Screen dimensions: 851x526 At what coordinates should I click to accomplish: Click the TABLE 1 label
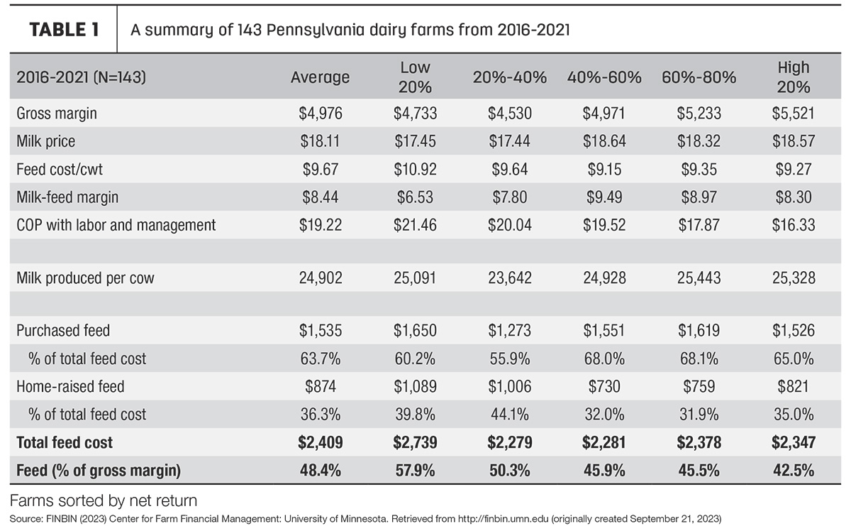click(x=65, y=30)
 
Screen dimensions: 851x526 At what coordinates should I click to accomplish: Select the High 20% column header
click(x=794, y=77)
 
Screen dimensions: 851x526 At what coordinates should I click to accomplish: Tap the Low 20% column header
click(x=415, y=77)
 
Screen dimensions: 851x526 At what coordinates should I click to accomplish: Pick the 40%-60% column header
click(x=604, y=77)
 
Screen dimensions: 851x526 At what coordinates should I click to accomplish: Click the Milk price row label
click(x=45, y=141)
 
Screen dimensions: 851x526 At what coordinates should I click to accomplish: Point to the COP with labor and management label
click(x=116, y=225)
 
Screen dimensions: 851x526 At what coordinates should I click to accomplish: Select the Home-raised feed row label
click(x=70, y=386)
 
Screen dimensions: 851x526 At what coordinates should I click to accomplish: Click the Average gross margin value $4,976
click(x=321, y=114)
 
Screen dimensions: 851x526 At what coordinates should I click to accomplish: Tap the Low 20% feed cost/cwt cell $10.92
click(x=415, y=169)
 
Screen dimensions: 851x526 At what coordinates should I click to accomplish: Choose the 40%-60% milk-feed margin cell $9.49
click(x=604, y=197)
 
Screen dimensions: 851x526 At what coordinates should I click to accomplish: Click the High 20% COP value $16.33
click(x=794, y=225)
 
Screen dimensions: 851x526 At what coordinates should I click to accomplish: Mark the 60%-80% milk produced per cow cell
click(x=699, y=278)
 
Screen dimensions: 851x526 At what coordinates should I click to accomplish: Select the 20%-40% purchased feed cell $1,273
click(x=509, y=330)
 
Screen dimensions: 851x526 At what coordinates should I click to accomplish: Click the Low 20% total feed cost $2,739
click(x=415, y=442)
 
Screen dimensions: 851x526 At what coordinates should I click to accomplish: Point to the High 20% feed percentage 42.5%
click(x=794, y=471)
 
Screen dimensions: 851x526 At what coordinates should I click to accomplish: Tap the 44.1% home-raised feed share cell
click(x=509, y=414)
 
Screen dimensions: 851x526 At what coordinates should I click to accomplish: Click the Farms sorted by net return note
click(x=104, y=500)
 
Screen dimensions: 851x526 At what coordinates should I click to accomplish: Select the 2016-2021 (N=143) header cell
click(x=81, y=77)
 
